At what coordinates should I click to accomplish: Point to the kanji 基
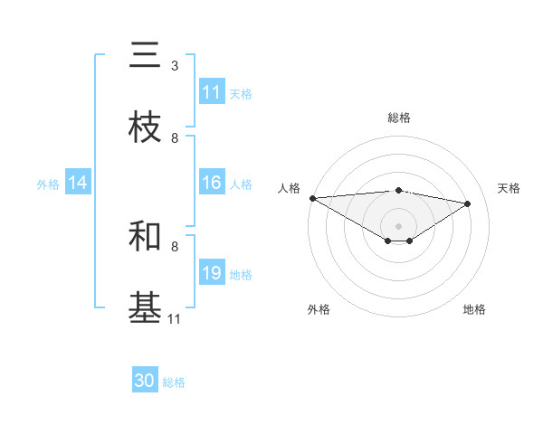pyautogui.click(x=145, y=307)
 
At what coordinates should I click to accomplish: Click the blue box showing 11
pyautogui.click(x=212, y=92)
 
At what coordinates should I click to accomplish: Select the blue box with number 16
pyautogui.click(x=212, y=184)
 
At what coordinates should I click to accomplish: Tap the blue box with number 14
pyautogui.click(x=78, y=184)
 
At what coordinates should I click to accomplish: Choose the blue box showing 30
pyautogui.click(x=145, y=381)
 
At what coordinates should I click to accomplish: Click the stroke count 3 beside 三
pyautogui.click(x=175, y=66)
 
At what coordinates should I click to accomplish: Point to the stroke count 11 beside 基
pyautogui.click(x=174, y=318)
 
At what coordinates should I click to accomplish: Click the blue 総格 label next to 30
pyautogui.click(x=174, y=382)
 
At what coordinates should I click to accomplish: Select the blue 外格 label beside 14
pyautogui.click(x=48, y=184)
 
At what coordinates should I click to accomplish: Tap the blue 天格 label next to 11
pyautogui.click(x=241, y=94)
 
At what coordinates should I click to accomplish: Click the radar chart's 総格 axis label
pyautogui.click(x=398, y=118)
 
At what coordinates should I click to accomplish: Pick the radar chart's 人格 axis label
pyautogui.click(x=289, y=188)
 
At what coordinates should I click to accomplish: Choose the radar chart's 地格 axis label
pyautogui.click(x=474, y=309)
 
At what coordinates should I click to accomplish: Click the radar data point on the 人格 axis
pyautogui.click(x=312, y=198)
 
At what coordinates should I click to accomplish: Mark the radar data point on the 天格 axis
pyautogui.click(x=468, y=203)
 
